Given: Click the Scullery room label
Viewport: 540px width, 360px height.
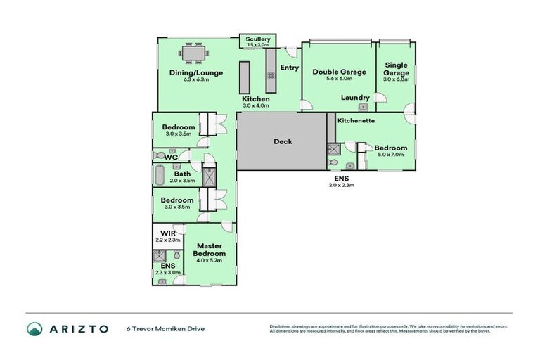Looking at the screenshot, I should (x=257, y=39).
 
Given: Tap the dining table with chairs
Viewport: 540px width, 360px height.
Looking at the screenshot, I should (x=193, y=53).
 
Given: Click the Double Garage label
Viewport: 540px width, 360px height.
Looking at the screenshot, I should (x=339, y=72).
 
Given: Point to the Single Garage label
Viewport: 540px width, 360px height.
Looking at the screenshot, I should (x=396, y=68).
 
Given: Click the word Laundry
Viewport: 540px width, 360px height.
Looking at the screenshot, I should (x=355, y=98).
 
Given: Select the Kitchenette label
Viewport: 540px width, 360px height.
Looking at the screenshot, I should (x=356, y=120).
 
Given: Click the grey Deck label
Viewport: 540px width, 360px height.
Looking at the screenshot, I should (x=283, y=141).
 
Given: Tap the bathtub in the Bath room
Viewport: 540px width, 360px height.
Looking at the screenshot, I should (x=160, y=174).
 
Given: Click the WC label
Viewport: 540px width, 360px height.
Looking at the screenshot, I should (x=170, y=157).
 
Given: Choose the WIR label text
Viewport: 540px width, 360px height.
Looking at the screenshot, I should (x=167, y=233).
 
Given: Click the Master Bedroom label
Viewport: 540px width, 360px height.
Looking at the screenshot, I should (x=210, y=249).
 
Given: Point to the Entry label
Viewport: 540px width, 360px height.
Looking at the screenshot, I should (x=290, y=67).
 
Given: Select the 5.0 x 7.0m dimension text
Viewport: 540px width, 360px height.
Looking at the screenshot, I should (x=390, y=155).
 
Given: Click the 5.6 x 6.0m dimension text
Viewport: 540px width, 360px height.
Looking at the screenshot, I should (x=339, y=79).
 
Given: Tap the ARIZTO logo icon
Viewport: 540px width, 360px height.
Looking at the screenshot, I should (x=34, y=328).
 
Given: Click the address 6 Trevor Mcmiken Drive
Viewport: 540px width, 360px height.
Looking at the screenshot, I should (x=165, y=328).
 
